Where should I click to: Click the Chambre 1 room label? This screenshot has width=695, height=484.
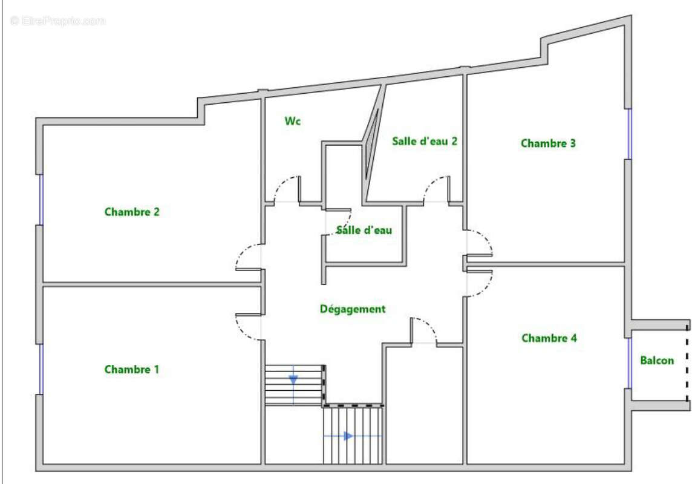click(x=132, y=369)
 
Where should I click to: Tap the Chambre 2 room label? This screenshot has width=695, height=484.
click(x=132, y=212)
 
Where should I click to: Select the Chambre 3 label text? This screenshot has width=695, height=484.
click(x=548, y=143)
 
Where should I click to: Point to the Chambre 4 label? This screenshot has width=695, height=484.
click(x=549, y=338)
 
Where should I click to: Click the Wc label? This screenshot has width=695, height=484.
click(x=293, y=120)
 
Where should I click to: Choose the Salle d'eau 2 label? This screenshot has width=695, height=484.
click(x=424, y=141)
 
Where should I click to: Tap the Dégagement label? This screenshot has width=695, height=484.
click(x=353, y=309)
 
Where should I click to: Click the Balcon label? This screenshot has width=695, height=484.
click(x=657, y=361)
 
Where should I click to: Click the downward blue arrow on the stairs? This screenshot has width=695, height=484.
click(x=293, y=380)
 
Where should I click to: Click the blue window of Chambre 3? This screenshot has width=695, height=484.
click(x=628, y=134)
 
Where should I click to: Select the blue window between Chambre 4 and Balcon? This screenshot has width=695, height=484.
click(x=628, y=363)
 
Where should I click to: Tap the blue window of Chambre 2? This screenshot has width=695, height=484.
click(x=41, y=200)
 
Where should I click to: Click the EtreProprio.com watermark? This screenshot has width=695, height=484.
click(x=57, y=21)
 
